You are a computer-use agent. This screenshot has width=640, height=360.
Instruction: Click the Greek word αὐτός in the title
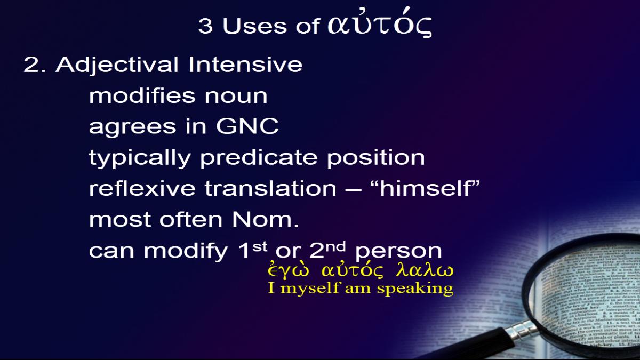380,23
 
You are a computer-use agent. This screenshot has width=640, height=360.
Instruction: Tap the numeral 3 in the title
205,26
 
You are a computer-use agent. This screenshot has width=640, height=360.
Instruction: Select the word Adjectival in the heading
117,65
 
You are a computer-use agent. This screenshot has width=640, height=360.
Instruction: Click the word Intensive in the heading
245,65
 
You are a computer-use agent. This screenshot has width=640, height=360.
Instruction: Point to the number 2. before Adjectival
35,65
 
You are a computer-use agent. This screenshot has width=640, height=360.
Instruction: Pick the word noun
236,97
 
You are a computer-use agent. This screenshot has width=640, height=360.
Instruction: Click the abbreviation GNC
247,126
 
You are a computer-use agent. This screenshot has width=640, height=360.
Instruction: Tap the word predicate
259,158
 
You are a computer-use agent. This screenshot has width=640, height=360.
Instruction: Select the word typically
140,158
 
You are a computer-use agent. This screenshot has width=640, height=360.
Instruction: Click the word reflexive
142,189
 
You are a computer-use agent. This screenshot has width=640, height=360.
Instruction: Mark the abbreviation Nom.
266,219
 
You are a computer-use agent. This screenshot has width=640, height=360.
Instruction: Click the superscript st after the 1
259,246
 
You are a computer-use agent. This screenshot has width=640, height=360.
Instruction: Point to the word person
398,252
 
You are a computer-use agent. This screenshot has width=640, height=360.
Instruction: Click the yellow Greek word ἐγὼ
289,270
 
